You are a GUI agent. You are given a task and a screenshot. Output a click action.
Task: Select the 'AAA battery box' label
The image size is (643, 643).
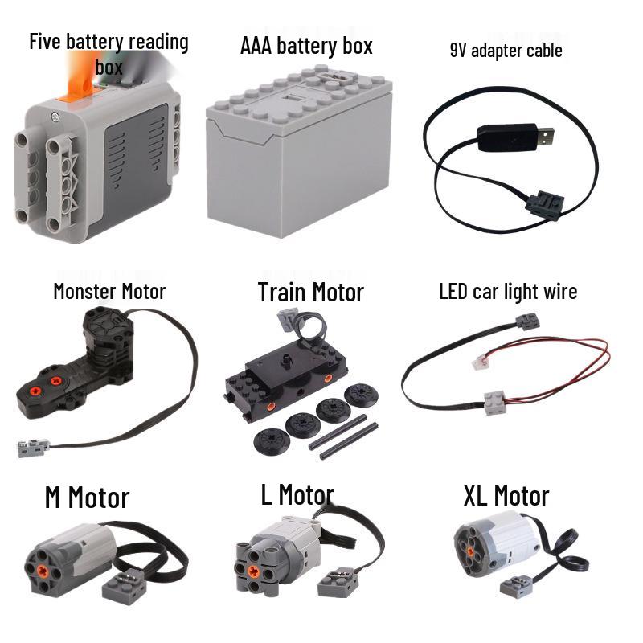click(x=306, y=46)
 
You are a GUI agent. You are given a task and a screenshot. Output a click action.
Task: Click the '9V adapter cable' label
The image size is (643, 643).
click(x=506, y=51)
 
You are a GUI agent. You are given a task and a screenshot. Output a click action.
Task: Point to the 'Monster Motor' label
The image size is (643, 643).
click(x=109, y=292)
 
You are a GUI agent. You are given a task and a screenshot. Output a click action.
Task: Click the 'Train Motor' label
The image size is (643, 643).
click(x=311, y=293)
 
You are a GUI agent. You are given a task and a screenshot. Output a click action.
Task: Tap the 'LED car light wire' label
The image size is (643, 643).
click(x=508, y=292)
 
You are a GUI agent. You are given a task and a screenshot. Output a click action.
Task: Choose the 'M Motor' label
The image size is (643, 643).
click(x=87, y=498)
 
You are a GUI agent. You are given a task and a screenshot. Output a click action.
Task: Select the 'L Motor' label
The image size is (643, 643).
click(x=297, y=494)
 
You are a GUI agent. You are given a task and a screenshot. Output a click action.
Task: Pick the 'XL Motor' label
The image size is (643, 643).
click(x=506, y=496)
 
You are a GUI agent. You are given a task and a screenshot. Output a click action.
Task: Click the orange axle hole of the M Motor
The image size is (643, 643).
click(x=43, y=571)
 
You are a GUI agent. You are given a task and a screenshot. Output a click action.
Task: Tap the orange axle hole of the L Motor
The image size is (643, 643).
click(x=254, y=571)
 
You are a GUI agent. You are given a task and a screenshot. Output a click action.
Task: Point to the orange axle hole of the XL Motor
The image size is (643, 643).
click(x=470, y=543)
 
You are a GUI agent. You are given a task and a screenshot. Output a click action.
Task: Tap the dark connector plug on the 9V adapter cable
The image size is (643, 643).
click(x=545, y=204)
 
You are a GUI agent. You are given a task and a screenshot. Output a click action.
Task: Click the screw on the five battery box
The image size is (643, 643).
click(x=55, y=117)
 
